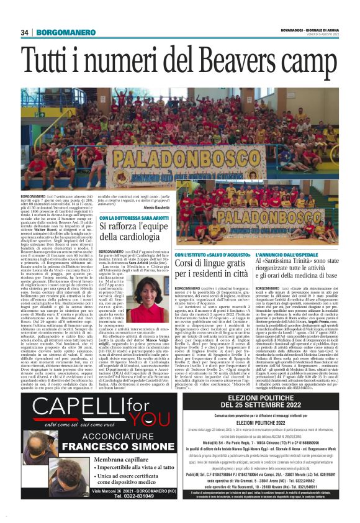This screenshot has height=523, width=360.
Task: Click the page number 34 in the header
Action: pyautogui.click(x=25, y=32)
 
